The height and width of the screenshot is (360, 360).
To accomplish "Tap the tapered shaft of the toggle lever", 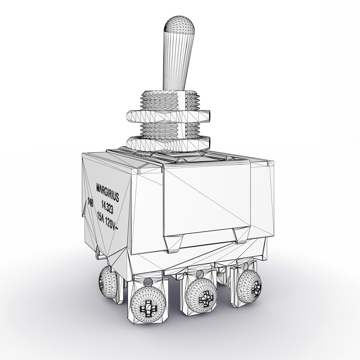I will click(x=177, y=63).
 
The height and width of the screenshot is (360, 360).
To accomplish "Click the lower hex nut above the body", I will click(x=168, y=142).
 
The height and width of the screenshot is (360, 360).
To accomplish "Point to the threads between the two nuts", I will click(x=168, y=129).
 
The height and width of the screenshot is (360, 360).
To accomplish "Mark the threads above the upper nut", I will click(x=170, y=100).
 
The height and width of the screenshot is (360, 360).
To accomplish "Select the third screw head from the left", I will click(x=202, y=296).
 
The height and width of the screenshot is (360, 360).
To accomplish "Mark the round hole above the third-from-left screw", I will click(x=200, y=275).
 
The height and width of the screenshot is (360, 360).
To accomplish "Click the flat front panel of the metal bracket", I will click(x=207, y=200).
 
